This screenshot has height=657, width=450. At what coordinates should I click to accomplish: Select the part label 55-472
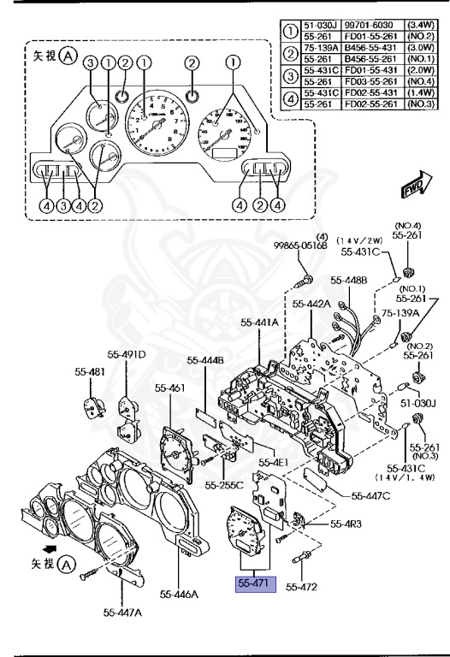click(x=302, y=588)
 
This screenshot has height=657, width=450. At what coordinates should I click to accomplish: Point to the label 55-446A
click(x=179, y=593)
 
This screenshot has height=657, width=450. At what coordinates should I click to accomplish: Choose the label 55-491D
click(x=126, y=354)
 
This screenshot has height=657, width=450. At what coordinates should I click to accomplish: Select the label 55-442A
click(x=311, y=304)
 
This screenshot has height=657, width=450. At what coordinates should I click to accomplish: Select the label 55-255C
click(x=224, y=486)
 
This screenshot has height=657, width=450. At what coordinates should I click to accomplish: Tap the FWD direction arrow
click(x=413, y=188)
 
